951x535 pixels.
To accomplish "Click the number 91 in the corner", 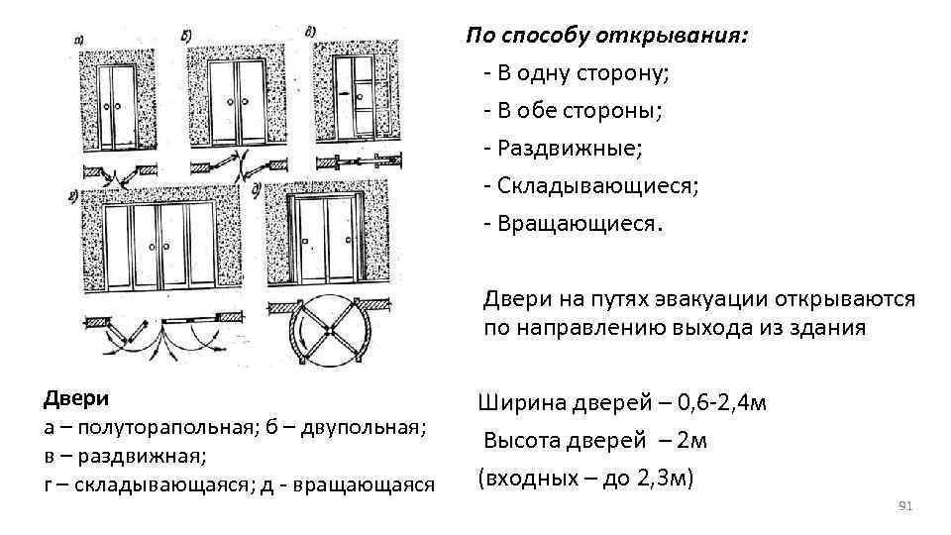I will pos(903,506).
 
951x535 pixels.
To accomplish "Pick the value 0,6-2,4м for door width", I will pos(715,403).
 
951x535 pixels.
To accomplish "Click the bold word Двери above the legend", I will pos(76,398).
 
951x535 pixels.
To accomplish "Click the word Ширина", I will pos(521,403).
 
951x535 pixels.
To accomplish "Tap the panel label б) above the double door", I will pos(188,35).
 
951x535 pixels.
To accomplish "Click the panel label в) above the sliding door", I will pos(310,31).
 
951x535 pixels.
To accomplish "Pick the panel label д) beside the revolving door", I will pos(258,188).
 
